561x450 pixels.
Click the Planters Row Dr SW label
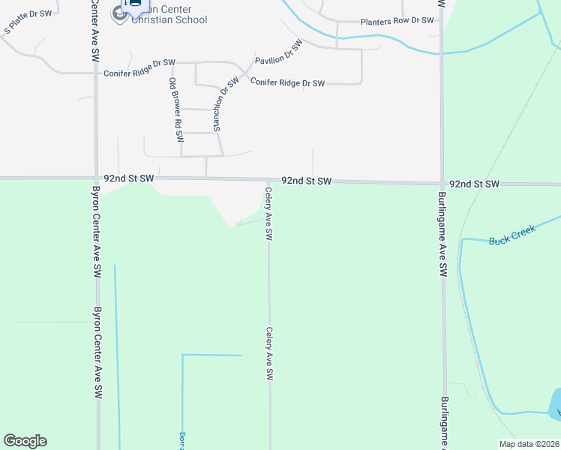click(x=397, y=21)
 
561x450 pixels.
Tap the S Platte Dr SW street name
click(x=28, y=22)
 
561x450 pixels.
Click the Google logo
click(x=25, y=441)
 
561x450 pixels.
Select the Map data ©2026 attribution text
click(x=529, y=444)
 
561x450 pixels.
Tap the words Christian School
click(x=169, y=19)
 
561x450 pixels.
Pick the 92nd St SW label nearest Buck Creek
click(x=474, y=184)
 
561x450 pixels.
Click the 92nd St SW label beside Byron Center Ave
click(x=129, y=178)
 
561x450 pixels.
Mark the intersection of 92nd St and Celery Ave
click(x=268, y=181)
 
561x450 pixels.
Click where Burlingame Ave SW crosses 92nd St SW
click(x=441, y=183)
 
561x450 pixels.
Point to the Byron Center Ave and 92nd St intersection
click(x=95, y=178)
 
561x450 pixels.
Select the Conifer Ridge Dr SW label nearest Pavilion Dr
click(x=287, y=82)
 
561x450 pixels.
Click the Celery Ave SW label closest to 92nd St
click(x=268, y=214)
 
